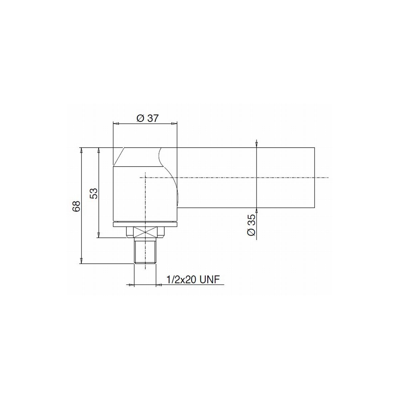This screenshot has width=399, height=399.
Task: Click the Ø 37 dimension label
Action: point(147,118)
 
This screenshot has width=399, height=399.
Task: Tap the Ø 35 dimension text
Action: point(251,225)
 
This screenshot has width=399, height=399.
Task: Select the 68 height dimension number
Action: point(76,206)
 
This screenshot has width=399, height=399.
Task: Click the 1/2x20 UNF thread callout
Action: point(193,280)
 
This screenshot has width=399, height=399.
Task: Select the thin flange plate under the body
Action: point(145,224)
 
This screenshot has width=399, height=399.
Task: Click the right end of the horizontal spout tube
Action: point(315,178)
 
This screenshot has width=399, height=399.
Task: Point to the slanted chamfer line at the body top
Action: point(119,157)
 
